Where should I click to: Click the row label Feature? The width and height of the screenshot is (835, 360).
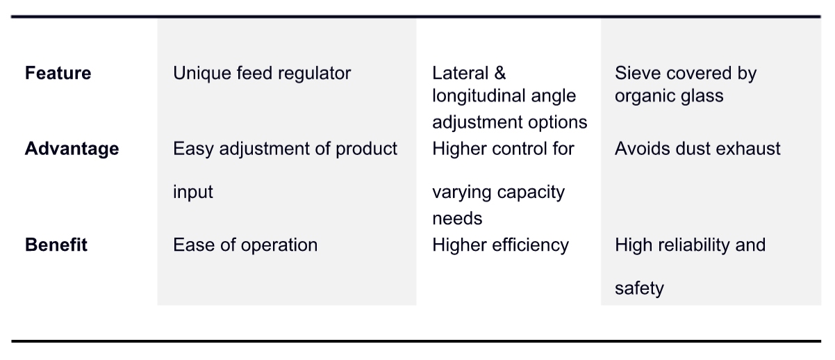[58, 73]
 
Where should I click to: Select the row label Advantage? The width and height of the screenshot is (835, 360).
[72, 149]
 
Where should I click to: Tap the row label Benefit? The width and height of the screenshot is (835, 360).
[56, 245]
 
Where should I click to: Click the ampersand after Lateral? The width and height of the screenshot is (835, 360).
[500, 73]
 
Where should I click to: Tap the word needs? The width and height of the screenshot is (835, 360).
[457, 219]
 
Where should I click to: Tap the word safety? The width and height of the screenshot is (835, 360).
[639, 288]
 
